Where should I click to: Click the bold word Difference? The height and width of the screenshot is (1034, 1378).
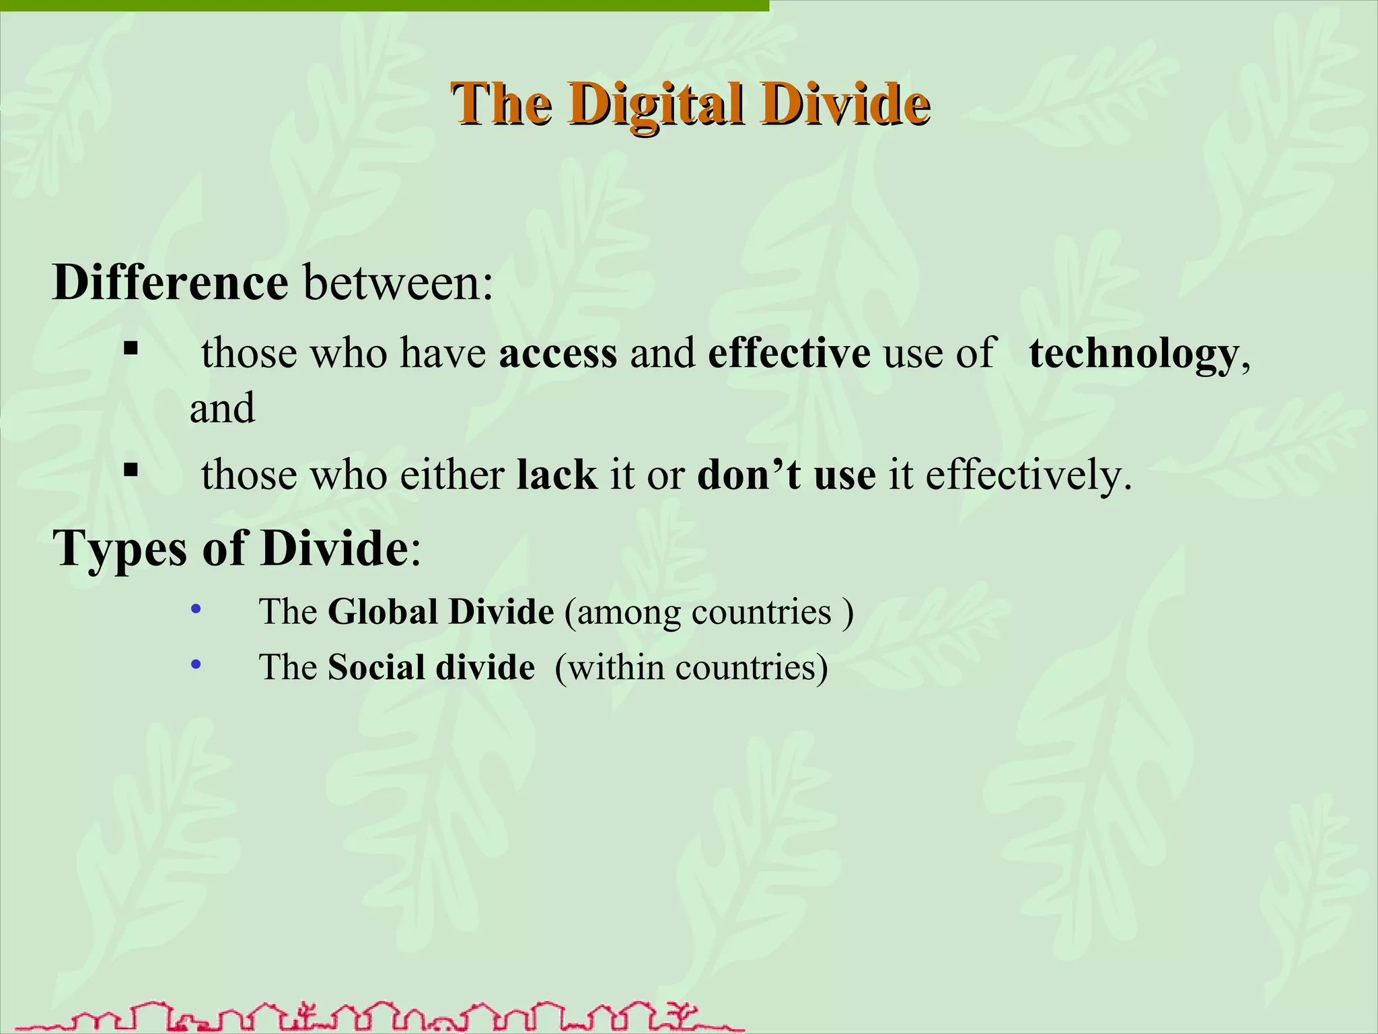tap(170, 283)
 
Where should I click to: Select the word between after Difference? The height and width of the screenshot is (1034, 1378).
tap(398, 283)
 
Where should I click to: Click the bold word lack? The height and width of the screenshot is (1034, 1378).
tap(556, 475)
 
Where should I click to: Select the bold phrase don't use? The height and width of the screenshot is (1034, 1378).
tap(786, 475)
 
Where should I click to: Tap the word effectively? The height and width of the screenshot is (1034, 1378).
tap(1028, 475)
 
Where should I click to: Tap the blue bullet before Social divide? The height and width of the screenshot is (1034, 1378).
tap(196, 666)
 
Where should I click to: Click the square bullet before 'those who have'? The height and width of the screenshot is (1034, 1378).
tap(131, 349)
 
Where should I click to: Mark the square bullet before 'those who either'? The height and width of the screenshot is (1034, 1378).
tap(131, 469)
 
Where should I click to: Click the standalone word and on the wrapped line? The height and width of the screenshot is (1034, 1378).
tap(222, 408)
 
